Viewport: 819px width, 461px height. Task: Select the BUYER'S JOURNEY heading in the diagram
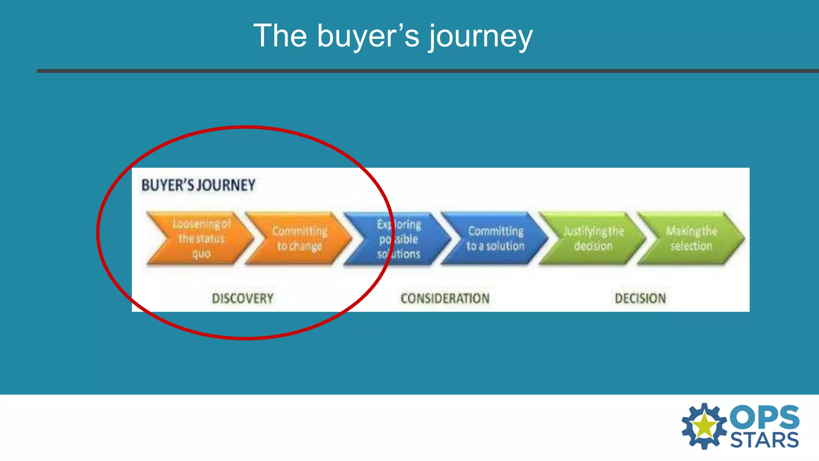tap(198, 185)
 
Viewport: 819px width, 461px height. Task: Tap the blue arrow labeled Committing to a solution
tap(495, 239)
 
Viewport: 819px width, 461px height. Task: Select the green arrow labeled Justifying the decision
tap(593, 239)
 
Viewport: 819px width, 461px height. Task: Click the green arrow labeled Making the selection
tap(691, 239)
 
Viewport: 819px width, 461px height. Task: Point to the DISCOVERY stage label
tap(242, 299)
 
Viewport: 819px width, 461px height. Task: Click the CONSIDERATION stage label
tap(445, 299)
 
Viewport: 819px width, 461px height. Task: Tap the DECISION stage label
tap(640, 299)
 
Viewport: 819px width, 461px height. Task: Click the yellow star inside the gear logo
tap(704, 426)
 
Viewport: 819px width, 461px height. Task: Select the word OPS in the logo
tap(764, 417)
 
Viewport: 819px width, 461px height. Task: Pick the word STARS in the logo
tap(764, 440)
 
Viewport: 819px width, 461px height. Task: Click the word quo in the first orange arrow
tap(201, 254)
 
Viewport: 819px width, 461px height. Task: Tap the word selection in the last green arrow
tap(691, 246)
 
